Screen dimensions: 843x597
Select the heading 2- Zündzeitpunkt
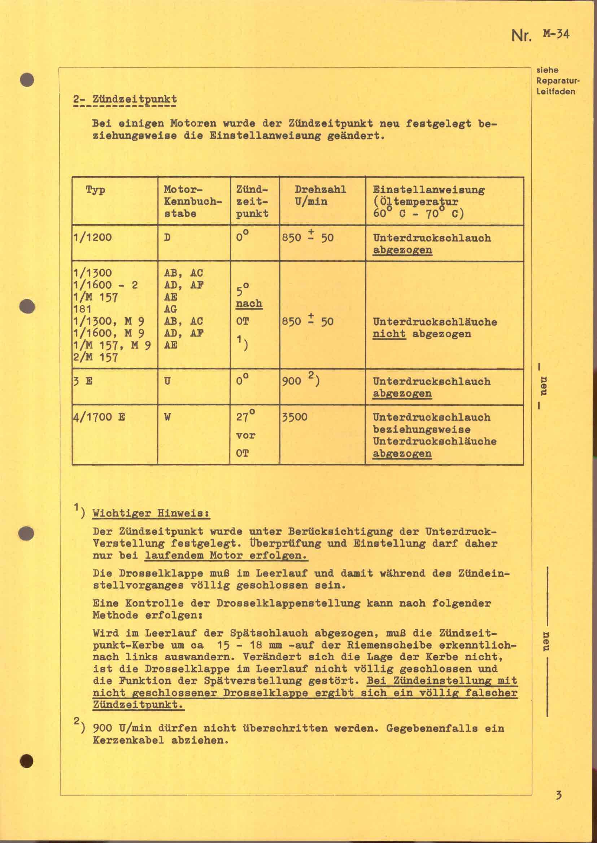pyautogui.click(x=125, y=99)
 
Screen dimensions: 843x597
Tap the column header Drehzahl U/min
pyautogui.click(x=320, y=195)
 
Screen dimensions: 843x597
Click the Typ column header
pyautogui.click(x=95, y=190)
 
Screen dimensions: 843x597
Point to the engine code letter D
pyautogui.click(x=167, y=237)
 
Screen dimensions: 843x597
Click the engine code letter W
pyautogui.click(x=167, y=417)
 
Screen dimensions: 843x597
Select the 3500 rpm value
pyautogui.click(x=295, y=417)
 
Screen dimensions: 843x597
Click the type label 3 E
pyautogui.click(x=83, y=381)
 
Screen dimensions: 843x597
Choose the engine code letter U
pyautogui.click(x=167, y=381)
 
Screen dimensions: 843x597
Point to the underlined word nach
pyautogui.click(x=249, y=303)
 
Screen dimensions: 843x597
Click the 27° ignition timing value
pyautogui.click(x=245, y=416)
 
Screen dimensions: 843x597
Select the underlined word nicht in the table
pyautogui.click(x=389, y=334)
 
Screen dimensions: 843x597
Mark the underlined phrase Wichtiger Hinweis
pyautogui.click(x=151, y=513)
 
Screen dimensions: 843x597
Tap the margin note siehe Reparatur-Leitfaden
pyautogui.click(x=555, y=80)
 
